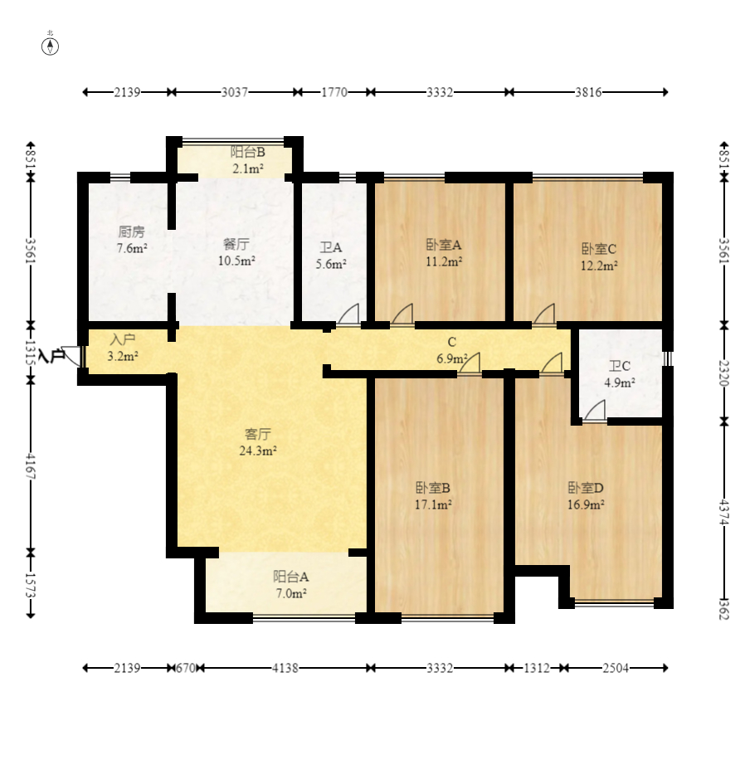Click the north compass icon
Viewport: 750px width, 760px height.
(x=51, y=45)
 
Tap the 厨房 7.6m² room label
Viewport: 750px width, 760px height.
(x=132, y=240)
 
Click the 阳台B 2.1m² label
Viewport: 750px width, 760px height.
(x=247, y=160)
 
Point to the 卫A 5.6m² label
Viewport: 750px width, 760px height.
(x=331, y=256)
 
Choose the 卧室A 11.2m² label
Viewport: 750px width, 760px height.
(x=444, y=252)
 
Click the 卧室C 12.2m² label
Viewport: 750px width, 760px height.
(x=598, y=256)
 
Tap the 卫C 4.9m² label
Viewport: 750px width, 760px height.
(x=620, y=374)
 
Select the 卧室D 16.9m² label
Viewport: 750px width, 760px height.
(x=586, y=494)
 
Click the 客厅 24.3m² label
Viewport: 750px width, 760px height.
(x=259, y=442)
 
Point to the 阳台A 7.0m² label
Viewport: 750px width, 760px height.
(x=290, y=585)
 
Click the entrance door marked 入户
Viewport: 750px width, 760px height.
(x=73, y=356)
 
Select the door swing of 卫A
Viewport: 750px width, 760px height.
(x=349, y=314)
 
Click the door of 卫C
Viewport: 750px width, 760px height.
(x=594, y=411)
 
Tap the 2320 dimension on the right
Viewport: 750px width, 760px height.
(x=725, y=373)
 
